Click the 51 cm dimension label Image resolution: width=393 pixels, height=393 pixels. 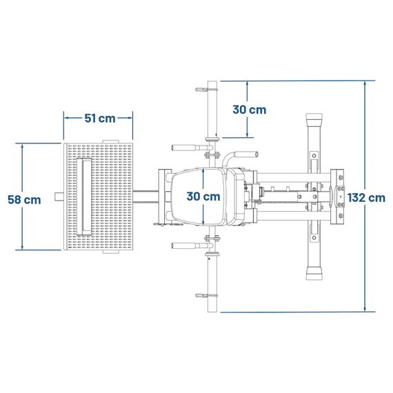[x=100, y=119]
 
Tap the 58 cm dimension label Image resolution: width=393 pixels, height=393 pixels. [x=24, y=200]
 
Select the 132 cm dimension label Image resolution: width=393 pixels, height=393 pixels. [x=366, y=198]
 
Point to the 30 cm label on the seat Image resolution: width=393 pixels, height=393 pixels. [x=203, y=196]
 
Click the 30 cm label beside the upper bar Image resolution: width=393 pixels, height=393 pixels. [x=250, y=110]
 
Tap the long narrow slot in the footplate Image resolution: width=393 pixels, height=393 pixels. [x=84, y=196]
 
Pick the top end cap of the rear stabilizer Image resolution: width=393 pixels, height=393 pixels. [x=314, y=119]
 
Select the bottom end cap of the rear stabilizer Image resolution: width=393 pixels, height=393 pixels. [x=314, y=273]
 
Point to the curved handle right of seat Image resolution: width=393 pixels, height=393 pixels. [x=238, y=157]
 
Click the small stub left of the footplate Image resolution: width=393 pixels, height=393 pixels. [x=59, y=196]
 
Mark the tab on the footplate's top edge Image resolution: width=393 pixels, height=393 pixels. [x=110, y=141]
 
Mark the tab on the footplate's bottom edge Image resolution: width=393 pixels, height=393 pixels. [x=110, y=252]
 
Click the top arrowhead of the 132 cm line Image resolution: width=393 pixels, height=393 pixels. [x=365, y=83]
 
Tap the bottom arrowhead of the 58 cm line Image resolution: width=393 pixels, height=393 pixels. [x=22, y=247]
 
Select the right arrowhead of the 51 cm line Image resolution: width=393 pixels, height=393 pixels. [x=130, y=118]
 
